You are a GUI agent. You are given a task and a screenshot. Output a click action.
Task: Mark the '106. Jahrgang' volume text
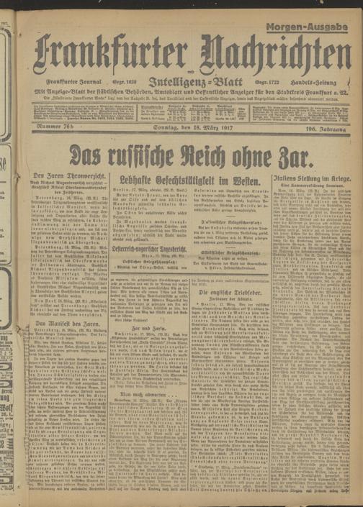[323, 128]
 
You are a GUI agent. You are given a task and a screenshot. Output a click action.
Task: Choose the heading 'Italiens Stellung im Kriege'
[310, 177]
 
